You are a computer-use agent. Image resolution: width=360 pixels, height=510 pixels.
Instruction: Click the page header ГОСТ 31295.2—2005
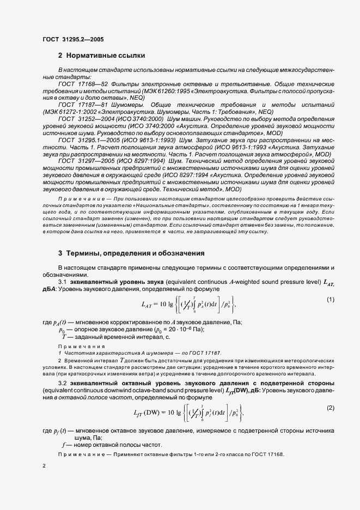[x=72, y=39]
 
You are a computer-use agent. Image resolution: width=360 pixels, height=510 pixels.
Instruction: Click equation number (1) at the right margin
[x=330, y=300]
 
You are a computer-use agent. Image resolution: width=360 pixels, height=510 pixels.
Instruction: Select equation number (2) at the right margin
[x=330, y=408]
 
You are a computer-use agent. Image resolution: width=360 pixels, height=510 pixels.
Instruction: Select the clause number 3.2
[x=63, y=383]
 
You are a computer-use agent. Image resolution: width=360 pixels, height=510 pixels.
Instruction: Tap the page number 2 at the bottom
[x=44, y=466]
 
